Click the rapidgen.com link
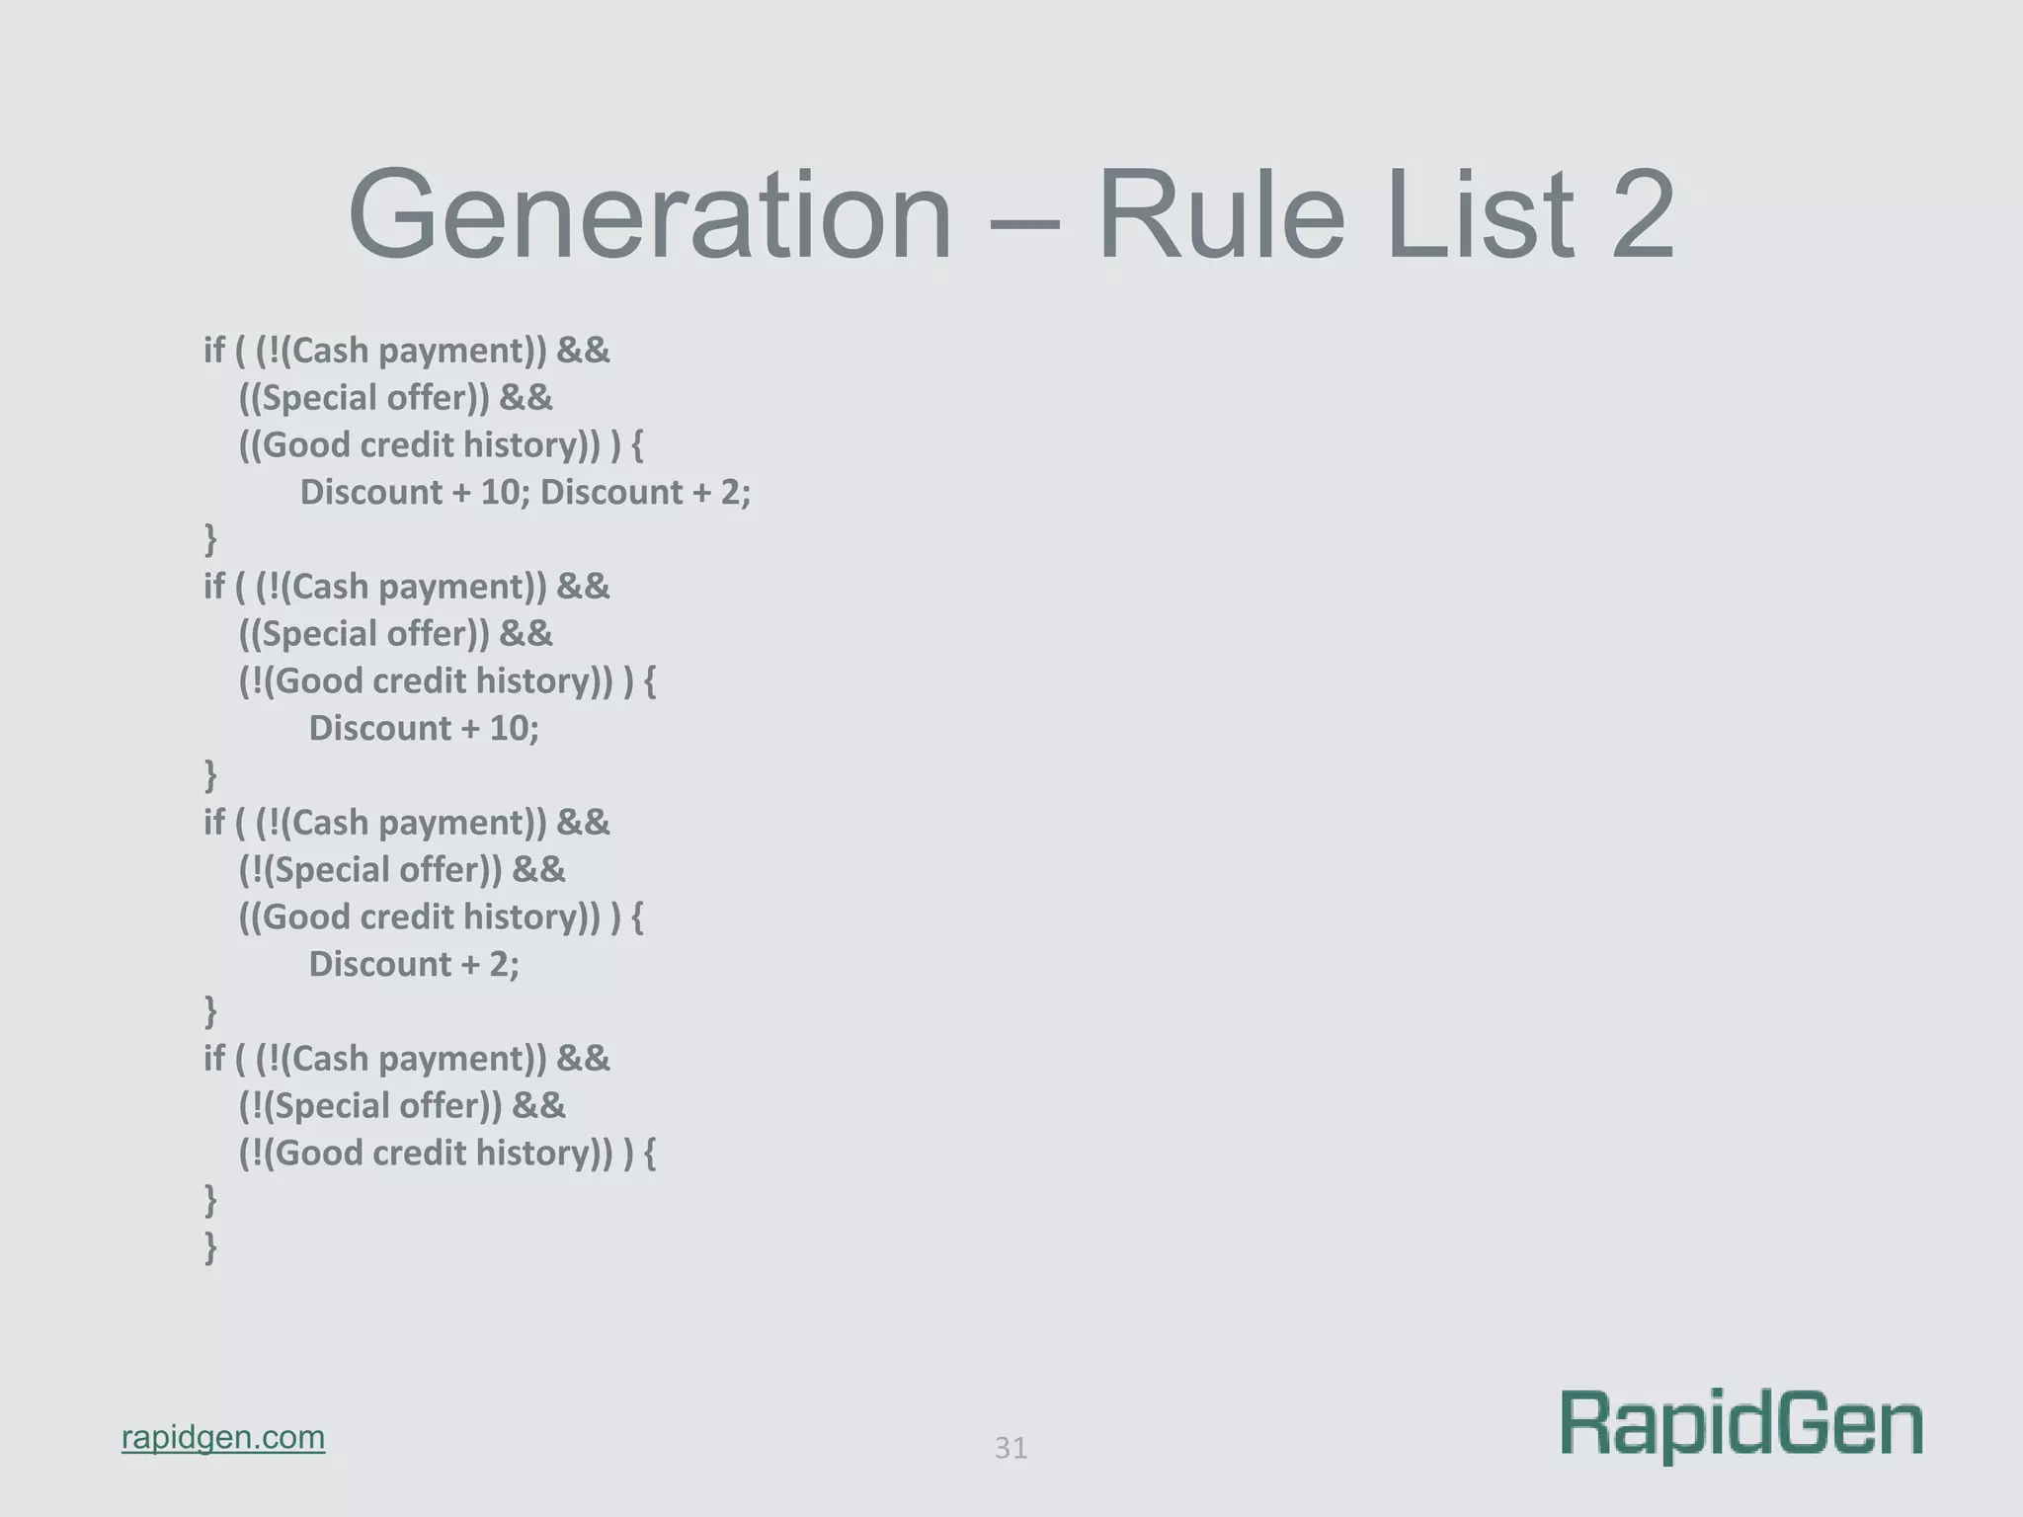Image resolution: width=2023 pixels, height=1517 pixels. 223,1437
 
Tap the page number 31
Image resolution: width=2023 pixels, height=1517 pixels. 1011,1448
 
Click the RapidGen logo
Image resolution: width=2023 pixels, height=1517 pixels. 1741,1425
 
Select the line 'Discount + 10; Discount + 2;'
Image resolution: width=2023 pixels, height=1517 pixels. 526,492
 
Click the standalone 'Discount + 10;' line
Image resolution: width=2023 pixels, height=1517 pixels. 424,728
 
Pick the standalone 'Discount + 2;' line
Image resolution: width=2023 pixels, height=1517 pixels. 414,964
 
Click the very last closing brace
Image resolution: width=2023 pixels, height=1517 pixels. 210,1247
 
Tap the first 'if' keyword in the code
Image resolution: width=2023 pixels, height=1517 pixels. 214,351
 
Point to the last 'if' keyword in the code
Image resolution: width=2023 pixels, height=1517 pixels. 214,1059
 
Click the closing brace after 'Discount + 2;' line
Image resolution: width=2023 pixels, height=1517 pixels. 210,1011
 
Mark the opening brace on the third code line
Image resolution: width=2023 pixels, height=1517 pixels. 637,445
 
